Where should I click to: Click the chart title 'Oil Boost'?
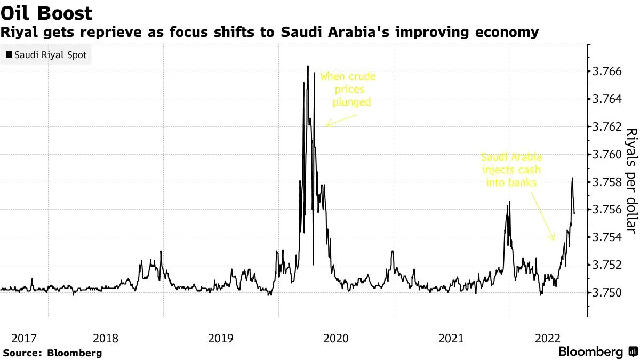coord(46,13)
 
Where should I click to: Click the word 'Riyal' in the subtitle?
coord(19,33)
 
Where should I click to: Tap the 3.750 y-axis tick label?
coord(607,293)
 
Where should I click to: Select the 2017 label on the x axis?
coord(23,338)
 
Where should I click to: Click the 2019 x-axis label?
coord(221,338)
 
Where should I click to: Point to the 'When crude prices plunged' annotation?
coord(348,89)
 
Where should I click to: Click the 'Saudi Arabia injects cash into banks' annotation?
coord(511,170)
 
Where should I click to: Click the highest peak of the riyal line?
coord(308,66)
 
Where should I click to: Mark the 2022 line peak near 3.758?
coord(572,178)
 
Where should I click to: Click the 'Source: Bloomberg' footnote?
coord(52,353)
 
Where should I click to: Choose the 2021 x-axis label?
coord(451,338)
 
